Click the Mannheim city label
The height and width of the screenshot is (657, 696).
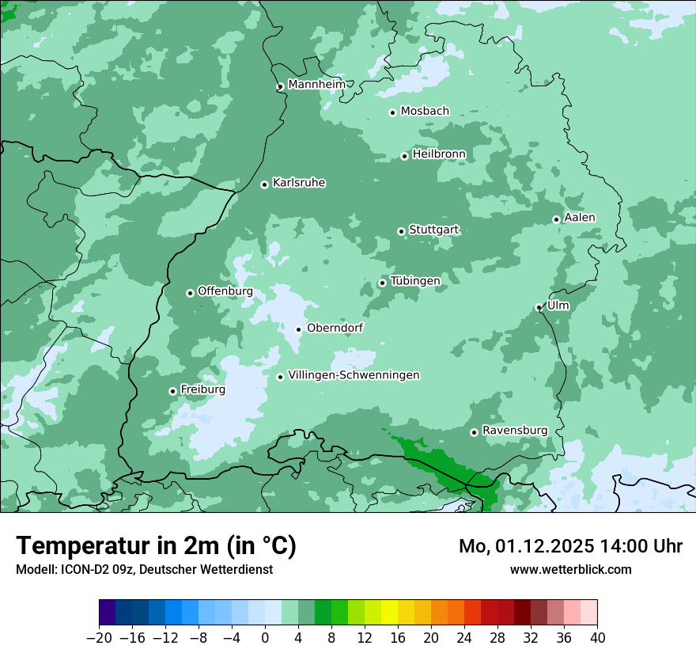[316, 85]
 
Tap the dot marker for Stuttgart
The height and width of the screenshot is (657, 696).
[401, 231]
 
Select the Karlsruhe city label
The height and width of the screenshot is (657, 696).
[299, 183]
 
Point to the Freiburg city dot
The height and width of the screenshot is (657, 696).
[172, 391]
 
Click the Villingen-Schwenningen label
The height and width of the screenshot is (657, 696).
[354, 375]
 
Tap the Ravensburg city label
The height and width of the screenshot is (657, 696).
[514, 431]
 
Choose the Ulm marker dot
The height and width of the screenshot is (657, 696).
[539, 307]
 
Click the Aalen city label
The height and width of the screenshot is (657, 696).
[580, 218]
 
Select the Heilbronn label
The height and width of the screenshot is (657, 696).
[439, 154]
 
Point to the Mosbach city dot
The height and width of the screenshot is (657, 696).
[392, 112]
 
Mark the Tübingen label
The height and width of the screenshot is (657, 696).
[415, 281]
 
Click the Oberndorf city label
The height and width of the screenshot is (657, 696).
[335, 328]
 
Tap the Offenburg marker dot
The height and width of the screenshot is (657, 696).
[190, 293]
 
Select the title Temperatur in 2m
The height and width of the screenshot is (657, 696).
[156, 546]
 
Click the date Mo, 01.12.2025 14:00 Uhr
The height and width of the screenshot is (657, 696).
[570, 546]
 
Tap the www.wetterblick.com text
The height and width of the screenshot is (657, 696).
[570, 569]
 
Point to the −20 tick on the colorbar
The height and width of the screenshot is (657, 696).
[99, 638]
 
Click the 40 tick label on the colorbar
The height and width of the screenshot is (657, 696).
[597, 638]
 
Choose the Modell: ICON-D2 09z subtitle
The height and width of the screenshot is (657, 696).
[143, 569]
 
